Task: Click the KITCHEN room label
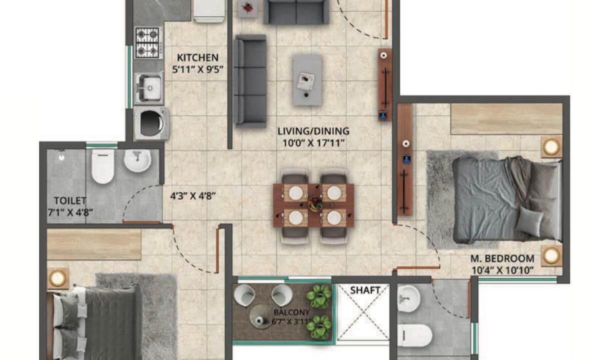pos(198,57)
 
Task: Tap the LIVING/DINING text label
pos(313,131)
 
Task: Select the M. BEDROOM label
pos(502,258)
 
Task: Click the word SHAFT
pos(365,290)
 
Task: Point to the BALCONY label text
pos(292,312)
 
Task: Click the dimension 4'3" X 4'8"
pos(193,196)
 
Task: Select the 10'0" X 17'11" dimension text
pos(313,143)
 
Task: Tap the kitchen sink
pos(150,88)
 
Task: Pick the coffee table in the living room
pos(307,79)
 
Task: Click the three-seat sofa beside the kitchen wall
pos(250,81)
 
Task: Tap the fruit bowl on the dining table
pos(315,204)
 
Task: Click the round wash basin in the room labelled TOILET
pos(137,160)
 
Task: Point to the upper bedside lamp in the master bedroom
pos(551,146)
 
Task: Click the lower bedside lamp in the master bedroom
pos(551,255)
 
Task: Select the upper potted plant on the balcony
pos(319,296)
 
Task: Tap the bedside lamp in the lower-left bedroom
pos(58,278)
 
